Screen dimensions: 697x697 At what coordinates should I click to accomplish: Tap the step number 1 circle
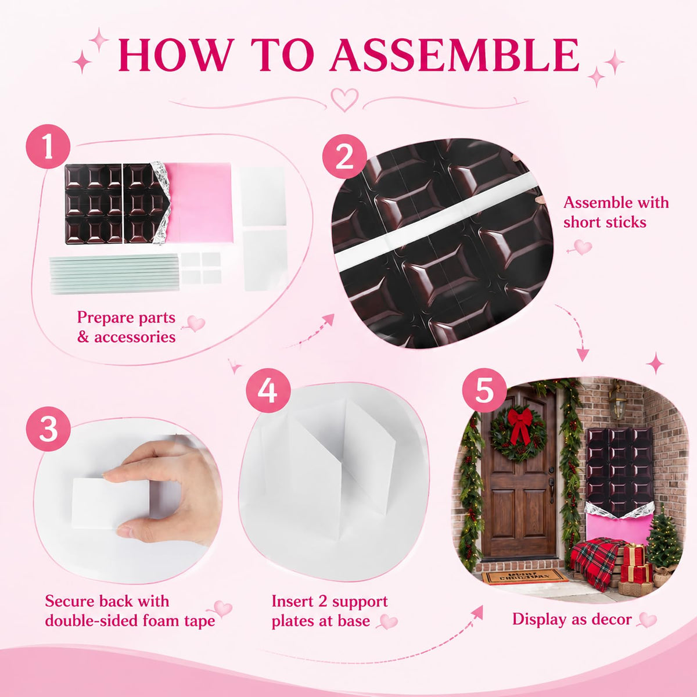point(48,146)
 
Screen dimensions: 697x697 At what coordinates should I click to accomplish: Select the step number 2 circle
point(344,157)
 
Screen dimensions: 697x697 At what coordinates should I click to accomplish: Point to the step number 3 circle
point(48,429)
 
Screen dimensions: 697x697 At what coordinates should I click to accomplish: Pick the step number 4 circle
point(268,391)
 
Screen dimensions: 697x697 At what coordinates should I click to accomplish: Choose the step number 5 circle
point(484,390)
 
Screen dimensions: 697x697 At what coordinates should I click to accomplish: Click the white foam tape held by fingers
point(110,504)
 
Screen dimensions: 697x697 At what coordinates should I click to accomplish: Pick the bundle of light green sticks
point(114,274)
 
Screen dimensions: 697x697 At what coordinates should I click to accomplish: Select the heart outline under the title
point(344,99)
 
